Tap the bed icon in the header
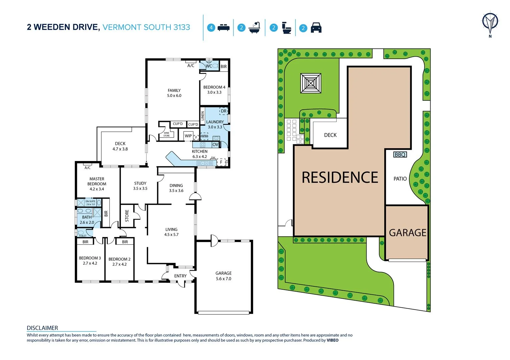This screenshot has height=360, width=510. coord(223,28)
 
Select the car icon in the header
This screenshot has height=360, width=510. coord(316,28)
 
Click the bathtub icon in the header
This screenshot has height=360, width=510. coord(254,28)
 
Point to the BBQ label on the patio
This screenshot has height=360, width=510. coord(400,155)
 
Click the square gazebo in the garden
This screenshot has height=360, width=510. coord(311,83)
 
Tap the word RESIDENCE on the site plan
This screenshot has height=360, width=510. coord(340,177)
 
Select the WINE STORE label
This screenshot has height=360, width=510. coord(166,134)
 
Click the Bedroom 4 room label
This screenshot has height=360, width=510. coord(214,87)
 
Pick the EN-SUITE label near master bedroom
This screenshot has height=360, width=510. coord(90,202)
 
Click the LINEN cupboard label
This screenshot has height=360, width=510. coord(202,116)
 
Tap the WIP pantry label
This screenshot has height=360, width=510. coord(188,136)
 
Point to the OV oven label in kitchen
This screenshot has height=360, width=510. coord(215,145)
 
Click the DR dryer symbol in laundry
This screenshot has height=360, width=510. coord(223,111)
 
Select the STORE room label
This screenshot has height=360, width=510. coord(127,216)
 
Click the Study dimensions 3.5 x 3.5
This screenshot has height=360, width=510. coord(140,189)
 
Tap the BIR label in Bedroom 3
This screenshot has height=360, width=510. coord(85,242)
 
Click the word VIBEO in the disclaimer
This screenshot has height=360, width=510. coord(332,340)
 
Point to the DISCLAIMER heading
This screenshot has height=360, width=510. coord(42,328)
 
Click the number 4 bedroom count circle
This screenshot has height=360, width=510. coord(211,28)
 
